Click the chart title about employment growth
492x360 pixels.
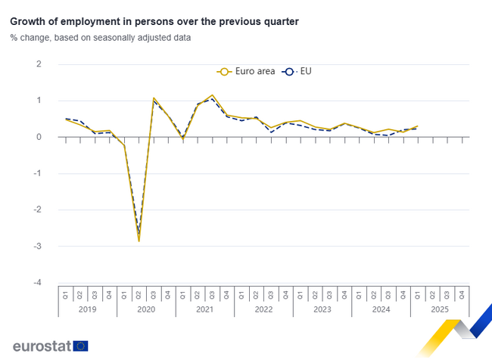[154, 22]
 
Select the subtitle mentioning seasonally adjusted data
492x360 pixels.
[101, 37]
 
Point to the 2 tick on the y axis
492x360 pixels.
[39, 64]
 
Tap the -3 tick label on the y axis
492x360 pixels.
[37, 247]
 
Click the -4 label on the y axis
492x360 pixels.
[37, 283]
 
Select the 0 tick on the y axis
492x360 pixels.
[39, 137]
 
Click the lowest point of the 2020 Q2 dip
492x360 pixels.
[139, 241]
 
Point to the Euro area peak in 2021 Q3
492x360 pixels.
[212, 95]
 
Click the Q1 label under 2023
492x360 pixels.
[300, 294]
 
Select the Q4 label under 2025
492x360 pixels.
[462, 294]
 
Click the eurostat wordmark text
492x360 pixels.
[42, 346]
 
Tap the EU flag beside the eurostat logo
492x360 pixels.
[81, 346]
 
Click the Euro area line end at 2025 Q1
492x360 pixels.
[417, 126]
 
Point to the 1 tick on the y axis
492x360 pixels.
[39, 101]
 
